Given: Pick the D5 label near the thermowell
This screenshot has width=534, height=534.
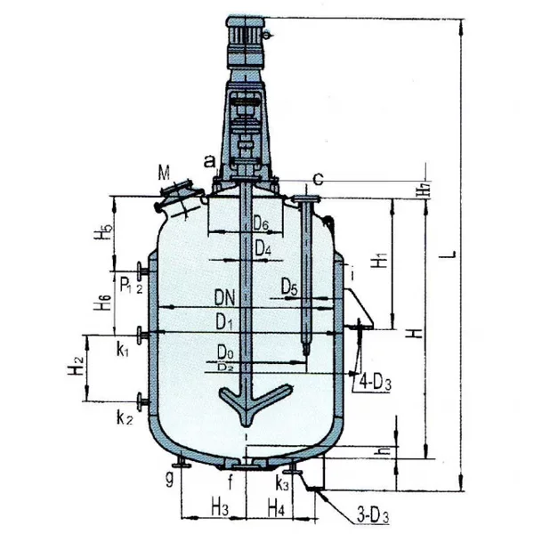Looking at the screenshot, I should [x=288, y=287].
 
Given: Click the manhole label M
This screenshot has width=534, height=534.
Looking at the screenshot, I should [x=163, y=172].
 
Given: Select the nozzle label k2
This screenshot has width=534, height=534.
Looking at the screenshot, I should [x=124, y=417].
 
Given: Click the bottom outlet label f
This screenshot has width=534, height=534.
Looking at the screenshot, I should [x=231, y=484].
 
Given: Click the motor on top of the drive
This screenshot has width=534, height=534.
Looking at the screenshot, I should [x=246, y=38].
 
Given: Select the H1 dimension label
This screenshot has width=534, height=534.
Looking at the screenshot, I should [x=379, y=262].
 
